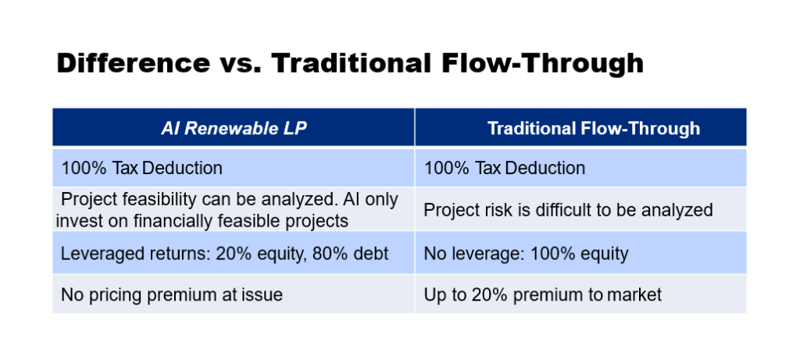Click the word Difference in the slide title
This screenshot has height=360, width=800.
pos(133,64)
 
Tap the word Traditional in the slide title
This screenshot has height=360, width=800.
pos(349,64)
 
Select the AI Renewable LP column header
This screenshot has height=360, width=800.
pos(234,127)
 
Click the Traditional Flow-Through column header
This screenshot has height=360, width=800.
pos(580,127)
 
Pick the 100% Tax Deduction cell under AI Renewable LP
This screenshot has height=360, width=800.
pos(234,168)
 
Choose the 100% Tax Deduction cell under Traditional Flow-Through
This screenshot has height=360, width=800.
pos(580,168)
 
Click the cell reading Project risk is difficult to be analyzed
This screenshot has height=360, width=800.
pos(580,209)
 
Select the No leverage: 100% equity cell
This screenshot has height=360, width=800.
pos(580,252)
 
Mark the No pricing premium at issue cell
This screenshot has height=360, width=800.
pos(234,294)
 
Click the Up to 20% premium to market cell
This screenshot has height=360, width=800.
pos(580,294)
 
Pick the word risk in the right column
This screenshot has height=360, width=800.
pos(504,209)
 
